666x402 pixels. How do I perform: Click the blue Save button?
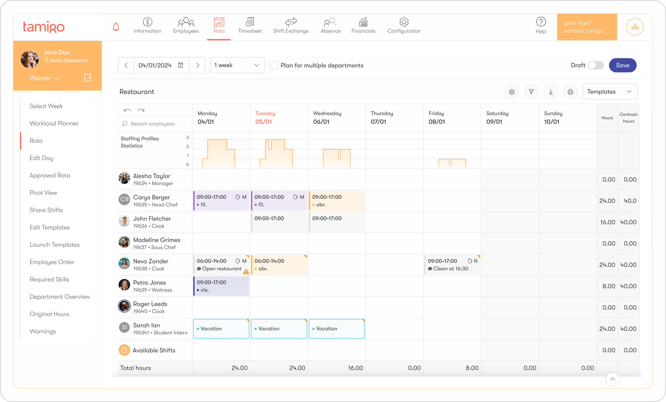tap(622, 65)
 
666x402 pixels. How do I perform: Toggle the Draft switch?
tap(595, 65)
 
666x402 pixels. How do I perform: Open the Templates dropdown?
tap(609, 91)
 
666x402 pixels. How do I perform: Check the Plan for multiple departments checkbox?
tap(274, 65)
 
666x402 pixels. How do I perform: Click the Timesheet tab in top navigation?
tap(250, 26)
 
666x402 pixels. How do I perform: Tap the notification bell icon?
tap(116, 27)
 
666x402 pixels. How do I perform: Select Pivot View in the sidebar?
tap(43, 193)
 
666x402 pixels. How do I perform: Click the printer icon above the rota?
tap(570, 92)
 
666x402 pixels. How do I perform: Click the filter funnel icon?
tap(531, 92)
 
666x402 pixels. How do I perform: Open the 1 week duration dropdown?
tap(237, 65)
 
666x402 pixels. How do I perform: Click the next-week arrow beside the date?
tap(197, 65)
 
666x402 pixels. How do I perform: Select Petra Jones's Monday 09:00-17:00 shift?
tap(221, 286)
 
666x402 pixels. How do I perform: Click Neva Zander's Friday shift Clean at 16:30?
tap(452, 265)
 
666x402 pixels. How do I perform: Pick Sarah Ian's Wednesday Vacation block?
tap(336, 328)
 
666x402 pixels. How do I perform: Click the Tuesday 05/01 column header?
tap(265, 118)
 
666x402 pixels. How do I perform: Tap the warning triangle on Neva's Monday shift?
tap(246, 271)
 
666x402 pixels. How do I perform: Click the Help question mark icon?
tap(541, 22)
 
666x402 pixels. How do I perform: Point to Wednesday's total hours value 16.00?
tap(355, 368)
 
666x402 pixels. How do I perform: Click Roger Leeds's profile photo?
tap(124, 306)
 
